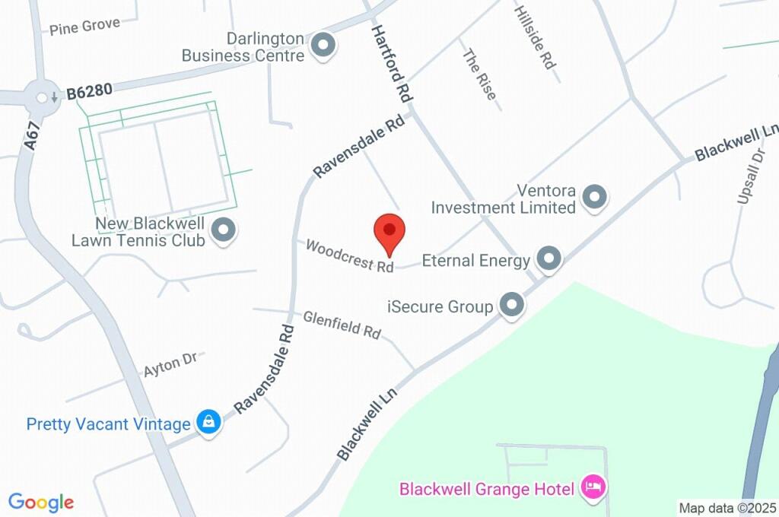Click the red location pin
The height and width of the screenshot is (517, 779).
[389, 230]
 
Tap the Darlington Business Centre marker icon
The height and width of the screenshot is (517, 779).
[325, 45]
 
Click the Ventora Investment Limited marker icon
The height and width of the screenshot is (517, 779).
[594, 198]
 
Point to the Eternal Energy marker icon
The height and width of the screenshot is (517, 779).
[548, 260]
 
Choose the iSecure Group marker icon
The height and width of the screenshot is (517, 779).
[512, 306]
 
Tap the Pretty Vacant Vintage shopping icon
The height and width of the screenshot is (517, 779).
[208, 423]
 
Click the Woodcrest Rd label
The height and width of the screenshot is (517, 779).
[350, 256]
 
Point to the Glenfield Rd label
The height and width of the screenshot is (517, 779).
[342, 325]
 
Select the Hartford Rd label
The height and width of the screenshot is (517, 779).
[391, 64]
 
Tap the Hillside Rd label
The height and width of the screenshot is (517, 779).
[536, 38]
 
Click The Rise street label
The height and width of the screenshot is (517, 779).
[479, 75]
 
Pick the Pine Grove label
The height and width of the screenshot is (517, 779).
[84, 27]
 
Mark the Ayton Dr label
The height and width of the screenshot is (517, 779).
[170, 364]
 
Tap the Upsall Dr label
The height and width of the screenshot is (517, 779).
[750, 176]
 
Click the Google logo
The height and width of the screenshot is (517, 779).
[41, 502]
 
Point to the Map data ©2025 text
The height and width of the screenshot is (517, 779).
[727, 508]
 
